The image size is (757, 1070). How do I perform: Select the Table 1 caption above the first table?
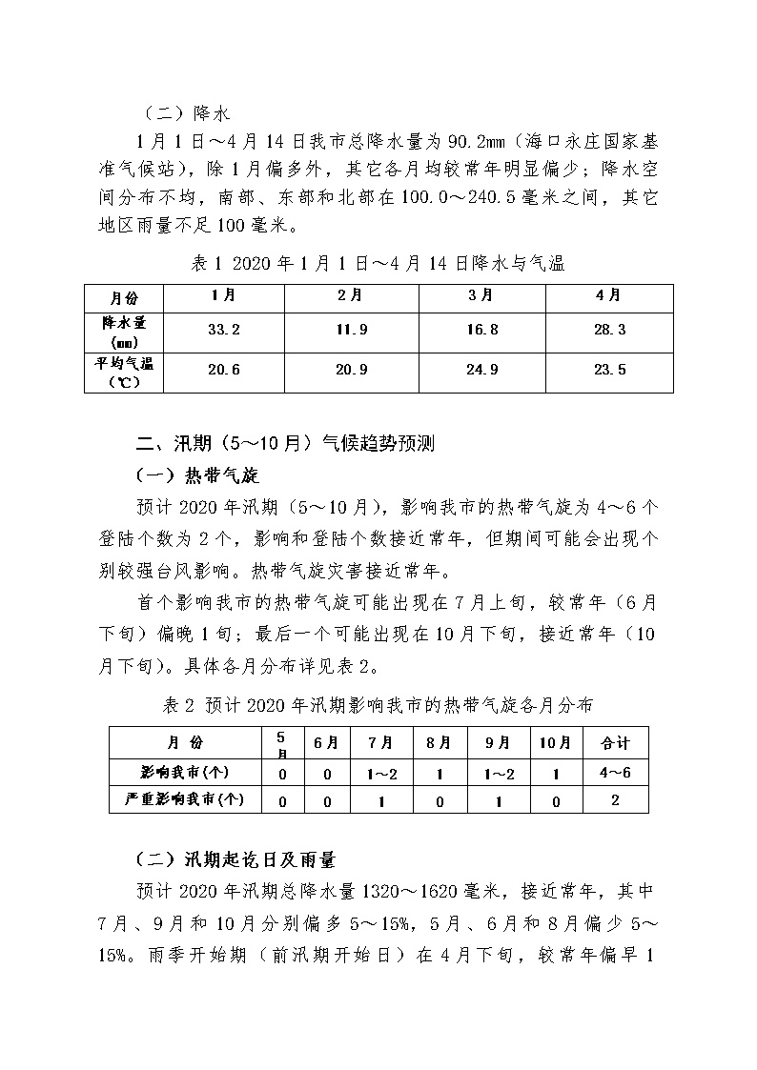378,263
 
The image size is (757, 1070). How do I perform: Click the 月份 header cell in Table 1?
125,296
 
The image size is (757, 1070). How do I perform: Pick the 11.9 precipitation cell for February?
352,330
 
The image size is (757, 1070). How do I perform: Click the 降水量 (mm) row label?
125,330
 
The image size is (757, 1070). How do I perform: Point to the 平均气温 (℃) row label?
125,371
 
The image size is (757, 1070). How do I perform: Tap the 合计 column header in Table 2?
614,742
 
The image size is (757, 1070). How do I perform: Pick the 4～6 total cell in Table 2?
614,772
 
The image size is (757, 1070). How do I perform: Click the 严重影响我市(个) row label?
185,799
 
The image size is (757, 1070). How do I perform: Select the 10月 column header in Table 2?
554,742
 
